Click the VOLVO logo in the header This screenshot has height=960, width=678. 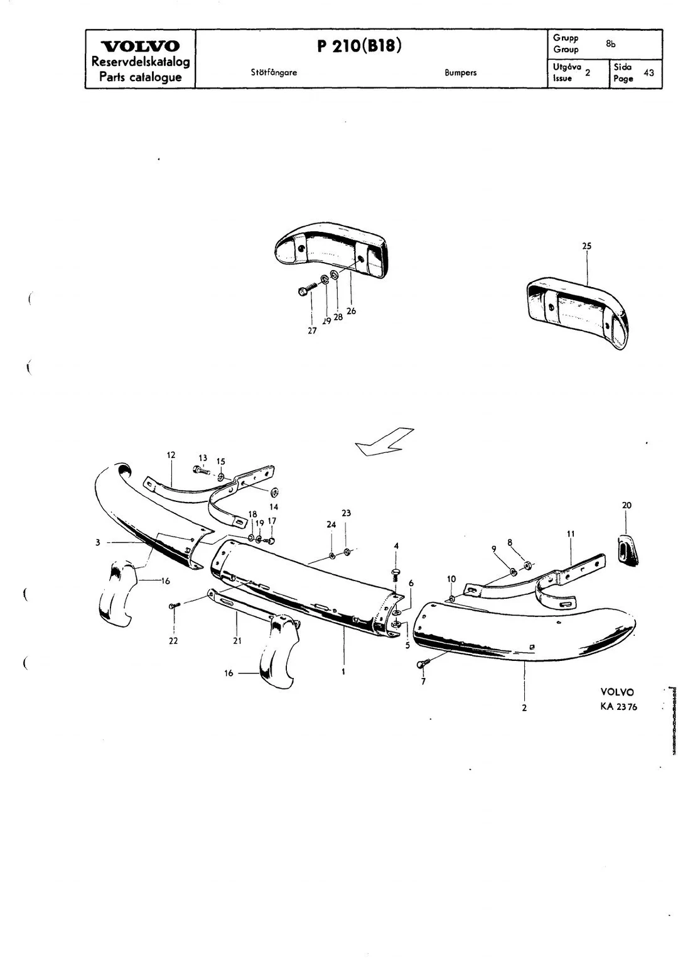pos(140,46)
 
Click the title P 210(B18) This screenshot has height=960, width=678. pos(359,46)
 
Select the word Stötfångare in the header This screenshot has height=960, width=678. pos(274,73)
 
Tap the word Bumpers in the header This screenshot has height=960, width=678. pos(460,73)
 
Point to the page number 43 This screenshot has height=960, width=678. pos(648,73)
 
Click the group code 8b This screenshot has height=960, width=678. pos(611,44)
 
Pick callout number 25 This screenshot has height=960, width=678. pos(587,246)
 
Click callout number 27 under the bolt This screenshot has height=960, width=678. pos(312,331)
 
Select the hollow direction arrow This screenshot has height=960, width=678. pos(384,442)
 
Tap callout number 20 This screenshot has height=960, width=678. pos(627,505)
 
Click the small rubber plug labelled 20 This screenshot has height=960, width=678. pos(627,548)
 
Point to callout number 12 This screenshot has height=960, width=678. pos(171,455)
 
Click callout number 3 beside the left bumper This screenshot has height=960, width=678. pos(98,543)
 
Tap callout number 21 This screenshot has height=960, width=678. pos(237,641)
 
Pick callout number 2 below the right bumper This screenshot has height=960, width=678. pos(524,708)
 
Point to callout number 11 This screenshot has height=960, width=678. pos(571,534)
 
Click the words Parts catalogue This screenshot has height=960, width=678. pos(141,77)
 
